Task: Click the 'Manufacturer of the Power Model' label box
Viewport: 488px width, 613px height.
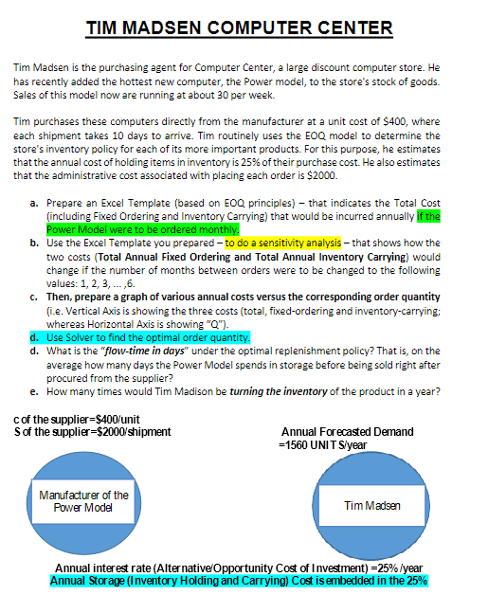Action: (x=83, y=500)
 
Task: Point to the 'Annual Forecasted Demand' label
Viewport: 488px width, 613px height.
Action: (x=348, y=433)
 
